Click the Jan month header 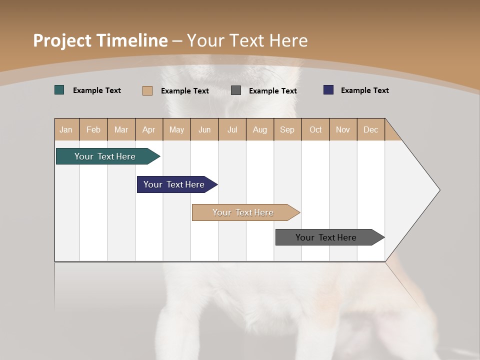[x=66, y=129]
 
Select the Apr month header [x=149, y=129]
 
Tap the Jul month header [x=232, y=129]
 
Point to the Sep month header [x=287, y=129]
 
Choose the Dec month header [x=371, y=129]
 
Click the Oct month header [x=315, y=129]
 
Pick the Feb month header [x=93, y=129]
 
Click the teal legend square [x=59, y=90]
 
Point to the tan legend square [x=147, y=90]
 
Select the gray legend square [x=236, y=90]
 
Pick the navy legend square [x=328, y=90]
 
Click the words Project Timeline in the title [x=100, y=40]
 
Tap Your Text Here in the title [x=247, y=40]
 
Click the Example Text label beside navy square [x=364, y=90]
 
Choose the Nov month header [x=343, y=129]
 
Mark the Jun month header [x=204, y=129]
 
